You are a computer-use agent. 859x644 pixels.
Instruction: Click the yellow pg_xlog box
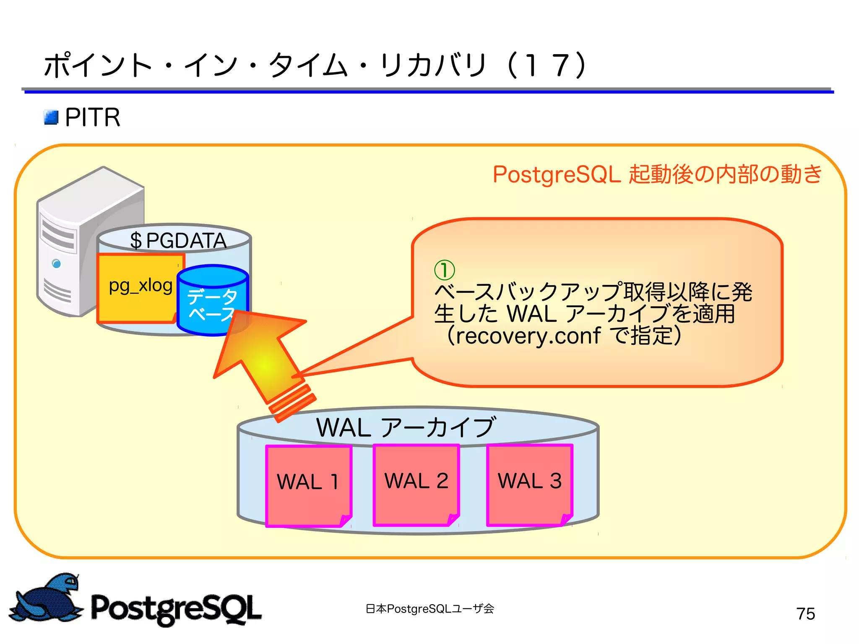[138, 289]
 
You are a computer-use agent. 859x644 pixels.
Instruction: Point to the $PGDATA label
[178, 241]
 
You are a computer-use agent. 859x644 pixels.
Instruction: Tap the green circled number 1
[444, 270]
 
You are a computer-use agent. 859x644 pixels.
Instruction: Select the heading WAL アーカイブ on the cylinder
[406, 427]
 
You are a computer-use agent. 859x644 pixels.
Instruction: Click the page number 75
[805, 614]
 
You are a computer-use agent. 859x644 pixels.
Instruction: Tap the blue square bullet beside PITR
[51, 117]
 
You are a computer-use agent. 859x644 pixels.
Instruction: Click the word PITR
[93, 117]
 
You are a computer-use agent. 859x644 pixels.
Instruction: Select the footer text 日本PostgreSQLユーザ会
[429, 609]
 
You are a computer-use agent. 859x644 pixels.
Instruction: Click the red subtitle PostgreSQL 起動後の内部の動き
[657, 174]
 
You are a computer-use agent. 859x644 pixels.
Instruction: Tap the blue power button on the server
[56, 263]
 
